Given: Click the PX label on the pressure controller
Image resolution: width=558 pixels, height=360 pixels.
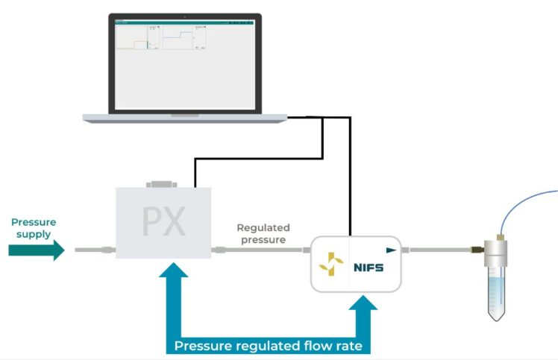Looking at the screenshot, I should coord(164,221).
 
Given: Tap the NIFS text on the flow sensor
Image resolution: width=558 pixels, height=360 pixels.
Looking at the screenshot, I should coord(369,267).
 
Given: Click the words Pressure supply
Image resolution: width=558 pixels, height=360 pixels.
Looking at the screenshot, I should coord(33,228).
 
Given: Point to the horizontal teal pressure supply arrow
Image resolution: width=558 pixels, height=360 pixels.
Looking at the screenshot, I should coord(37,250).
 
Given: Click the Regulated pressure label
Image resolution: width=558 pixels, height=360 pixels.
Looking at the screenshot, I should coord(263,233).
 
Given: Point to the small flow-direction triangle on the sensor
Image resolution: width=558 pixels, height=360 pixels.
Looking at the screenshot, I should coord(391,250).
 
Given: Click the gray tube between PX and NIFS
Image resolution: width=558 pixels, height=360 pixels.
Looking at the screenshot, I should coord(261,250).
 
